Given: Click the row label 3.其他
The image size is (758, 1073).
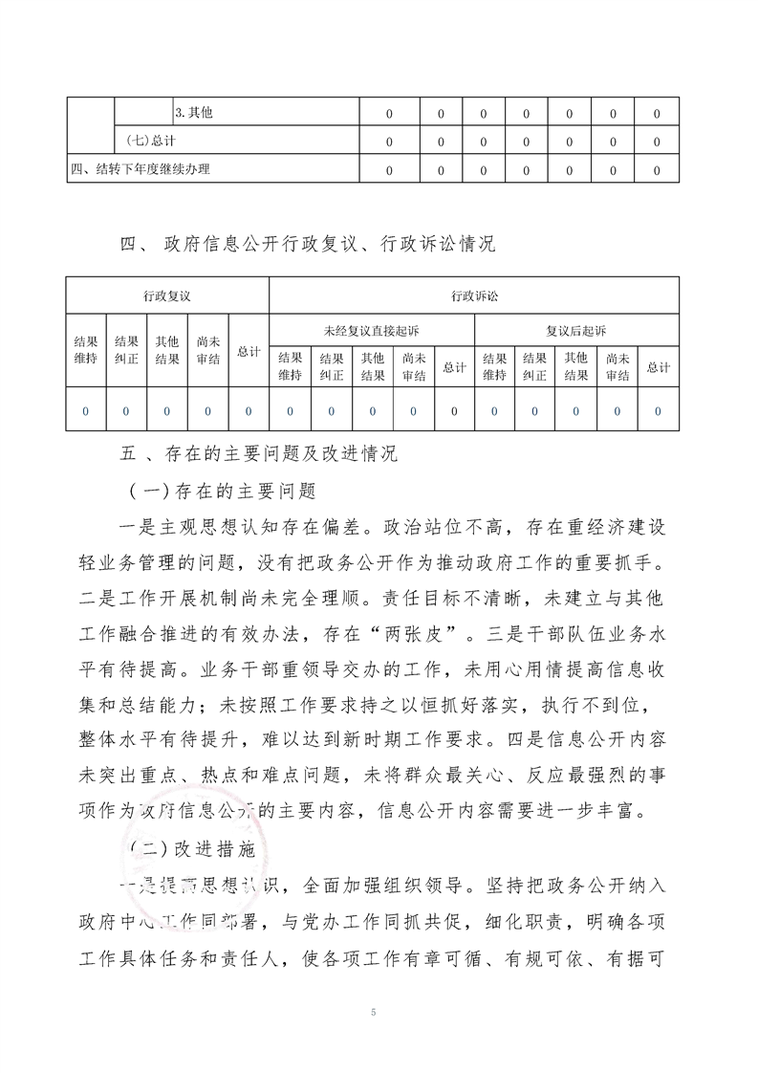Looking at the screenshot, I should pos(194,114).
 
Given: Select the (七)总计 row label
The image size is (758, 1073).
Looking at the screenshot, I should pos(150,142).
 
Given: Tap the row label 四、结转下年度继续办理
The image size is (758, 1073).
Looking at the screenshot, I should pos(140,169).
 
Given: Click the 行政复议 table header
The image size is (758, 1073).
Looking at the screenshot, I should pos(167,296).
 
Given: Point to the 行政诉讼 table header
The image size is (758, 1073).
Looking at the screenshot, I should pos(474,296).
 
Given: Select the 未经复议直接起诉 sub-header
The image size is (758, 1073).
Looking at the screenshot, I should pos(372,331).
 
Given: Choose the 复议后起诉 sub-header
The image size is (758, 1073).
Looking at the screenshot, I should pos(576,331).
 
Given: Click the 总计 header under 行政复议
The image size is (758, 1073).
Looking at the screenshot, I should pos(249,352).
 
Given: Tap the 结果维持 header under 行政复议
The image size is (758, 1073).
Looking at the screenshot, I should pos(85,351).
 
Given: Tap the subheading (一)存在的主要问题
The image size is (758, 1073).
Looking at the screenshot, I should pos(222,492).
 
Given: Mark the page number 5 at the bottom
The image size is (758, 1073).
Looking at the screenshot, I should pos(379,1011).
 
